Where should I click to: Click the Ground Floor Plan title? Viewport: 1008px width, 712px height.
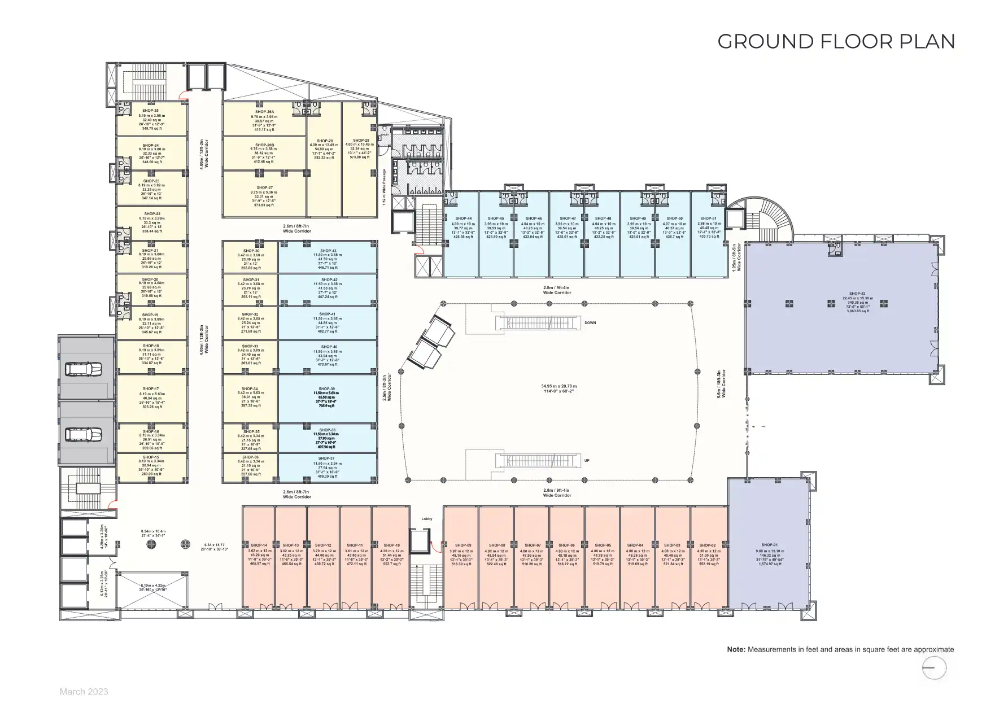click(836, 42)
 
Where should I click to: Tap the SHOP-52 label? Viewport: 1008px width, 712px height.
click(856, 294)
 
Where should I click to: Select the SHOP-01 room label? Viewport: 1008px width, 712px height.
click(769, 545)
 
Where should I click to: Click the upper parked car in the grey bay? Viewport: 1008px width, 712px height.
click(83, 370)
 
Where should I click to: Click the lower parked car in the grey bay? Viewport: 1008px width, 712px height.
click(83, 434)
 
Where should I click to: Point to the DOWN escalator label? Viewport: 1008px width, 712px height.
click(590, 323)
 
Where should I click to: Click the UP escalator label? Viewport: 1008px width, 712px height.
click(587, 461)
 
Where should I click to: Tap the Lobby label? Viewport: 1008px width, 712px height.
click(427, 518)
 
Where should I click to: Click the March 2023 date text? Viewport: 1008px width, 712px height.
click(84, 692)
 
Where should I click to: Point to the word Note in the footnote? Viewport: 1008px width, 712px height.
click(736, 649)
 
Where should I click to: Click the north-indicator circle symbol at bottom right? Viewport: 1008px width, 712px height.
click(934, 669)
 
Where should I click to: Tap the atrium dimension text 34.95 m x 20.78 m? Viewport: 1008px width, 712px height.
click(558, 387)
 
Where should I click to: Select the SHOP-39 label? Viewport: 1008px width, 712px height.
click(326, 389)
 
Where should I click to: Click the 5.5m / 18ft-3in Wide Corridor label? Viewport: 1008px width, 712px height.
click(721, 385)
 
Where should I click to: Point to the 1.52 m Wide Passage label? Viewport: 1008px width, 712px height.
click(385, 187)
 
